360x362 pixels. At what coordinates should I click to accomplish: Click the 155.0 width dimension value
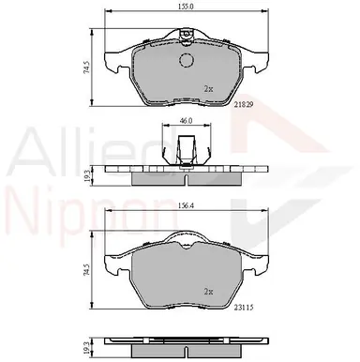pyautogui.click(x=187, y=6)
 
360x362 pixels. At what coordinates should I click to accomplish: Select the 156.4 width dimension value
pyautogui.click(x=186, y=205)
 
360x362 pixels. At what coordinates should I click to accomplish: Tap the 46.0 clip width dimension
pyautogui.click(x=187, y=121)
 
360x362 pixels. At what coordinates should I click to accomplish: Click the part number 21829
pyautogui.click(x=244, y=105)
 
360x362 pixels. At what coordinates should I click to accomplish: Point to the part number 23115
pyautogui.click(x=244, y=308)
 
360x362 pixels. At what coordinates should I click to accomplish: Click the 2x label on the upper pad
pyautogui.click(x=208, y=89)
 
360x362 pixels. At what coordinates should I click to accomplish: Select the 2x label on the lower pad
pyautogui.click(x=208, y=292)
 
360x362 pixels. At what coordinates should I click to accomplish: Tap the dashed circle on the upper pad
pyautogui.click(x=187, y=60)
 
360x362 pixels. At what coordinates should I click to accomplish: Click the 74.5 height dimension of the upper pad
pyautogui.click(x=87, y=68)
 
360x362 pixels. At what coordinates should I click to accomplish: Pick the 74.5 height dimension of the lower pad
pyautogui.click(x=87, y=270)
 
